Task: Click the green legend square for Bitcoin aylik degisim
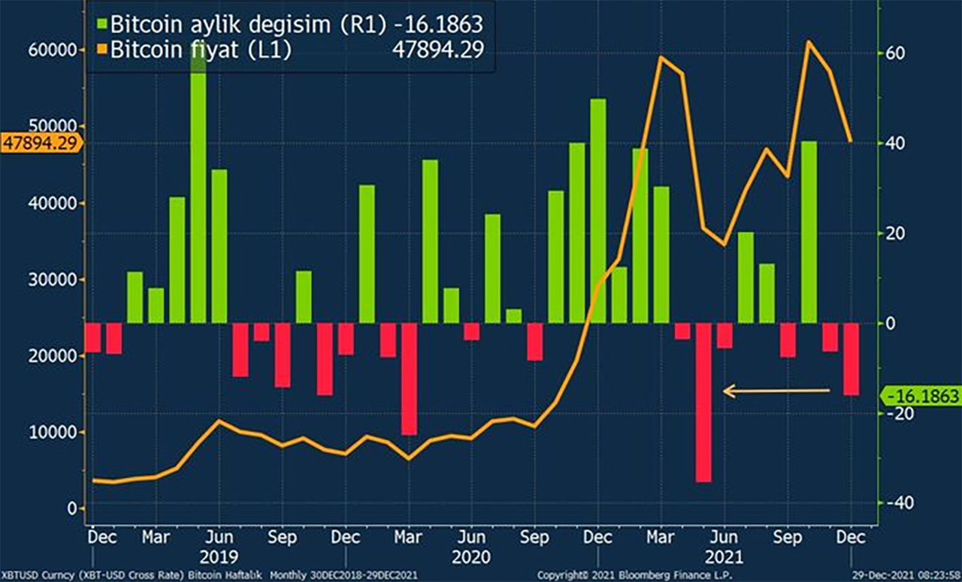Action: [x=100, y=24]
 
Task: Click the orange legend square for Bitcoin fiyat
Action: [x=100, y=50]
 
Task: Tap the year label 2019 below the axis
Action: [x=219, y=557]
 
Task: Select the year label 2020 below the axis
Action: [x=471, y=557]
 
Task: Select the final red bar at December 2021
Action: [x=851, y=359]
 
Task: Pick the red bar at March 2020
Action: [x=409, y=378]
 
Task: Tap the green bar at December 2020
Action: [x=598, y=210]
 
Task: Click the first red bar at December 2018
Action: [x=93, y=337]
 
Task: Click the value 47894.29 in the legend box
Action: [x=439, y=50]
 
